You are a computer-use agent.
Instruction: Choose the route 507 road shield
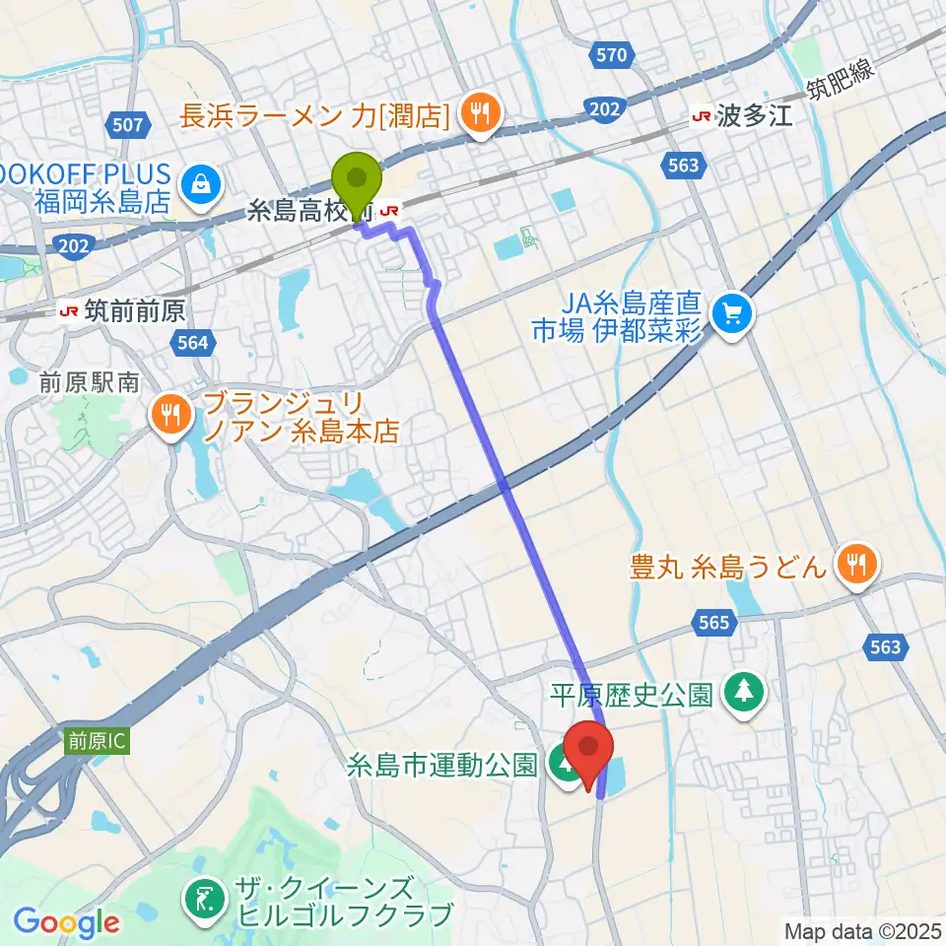tap(129, 125)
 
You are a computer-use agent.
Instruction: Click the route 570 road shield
tap(611, 55)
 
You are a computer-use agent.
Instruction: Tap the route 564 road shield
tap(194, 342)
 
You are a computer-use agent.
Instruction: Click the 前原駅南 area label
tap(88, 382)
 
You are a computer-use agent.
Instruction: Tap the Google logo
tap(66, 923)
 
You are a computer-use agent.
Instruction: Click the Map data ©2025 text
tap(861, 929)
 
